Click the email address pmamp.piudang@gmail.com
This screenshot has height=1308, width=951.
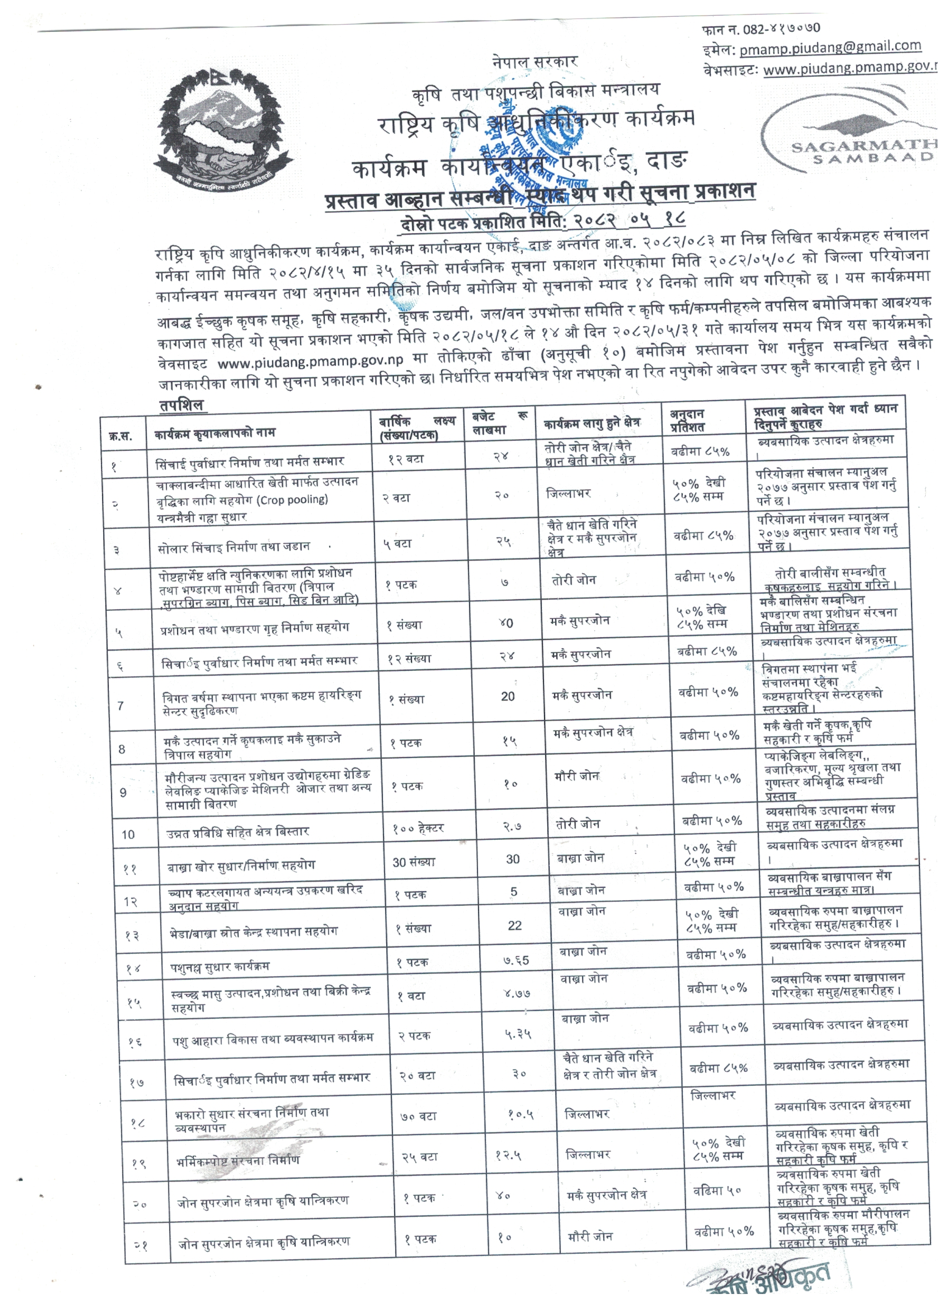(x=830, y=48)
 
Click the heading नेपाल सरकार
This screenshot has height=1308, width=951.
(x=535, y=61)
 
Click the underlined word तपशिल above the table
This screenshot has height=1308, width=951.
(x=182, y=405)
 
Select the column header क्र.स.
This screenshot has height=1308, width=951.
(x=120, y=436)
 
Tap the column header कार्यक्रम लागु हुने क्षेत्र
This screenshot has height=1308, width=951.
(x=591, y=423)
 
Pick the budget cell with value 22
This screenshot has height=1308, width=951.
(x=515, y=926)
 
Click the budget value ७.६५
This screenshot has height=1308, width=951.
(x=516, y=960)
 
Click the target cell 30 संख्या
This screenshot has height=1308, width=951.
(x=413, y=862)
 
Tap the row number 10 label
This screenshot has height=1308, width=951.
(x=128, y=835)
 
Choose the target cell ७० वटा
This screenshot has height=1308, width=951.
(x=418, y=1116)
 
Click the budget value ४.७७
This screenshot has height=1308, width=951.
(x=517, y=994)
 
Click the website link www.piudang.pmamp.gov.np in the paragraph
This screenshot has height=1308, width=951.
(x=310, y=361)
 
